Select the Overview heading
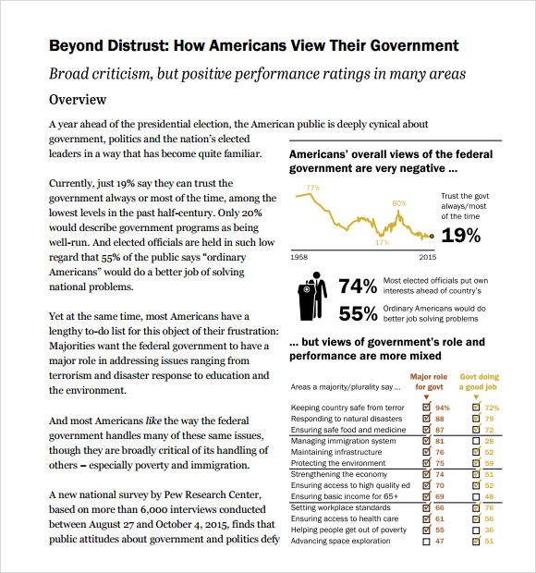click(78, 100)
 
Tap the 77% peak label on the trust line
click(313, 188)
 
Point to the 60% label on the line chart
click(399, 203)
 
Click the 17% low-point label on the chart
click(383, 242)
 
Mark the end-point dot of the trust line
click(432, 237)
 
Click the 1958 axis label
click(298, 257)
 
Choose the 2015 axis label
click(428, 257)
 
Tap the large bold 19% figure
click(461, 236)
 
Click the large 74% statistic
click(358, 286)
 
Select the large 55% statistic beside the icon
click(358, 313)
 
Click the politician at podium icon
click(312, 297)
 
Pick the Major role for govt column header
click(429, 382)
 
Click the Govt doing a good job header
click(479, 382)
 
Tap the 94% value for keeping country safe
click(443, 408)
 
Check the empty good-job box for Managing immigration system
click(476, 441)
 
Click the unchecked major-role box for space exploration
click(426, 542)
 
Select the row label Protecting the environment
click(338, 463)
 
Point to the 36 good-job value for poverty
click(489, 530)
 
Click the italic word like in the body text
click(153, 421)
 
